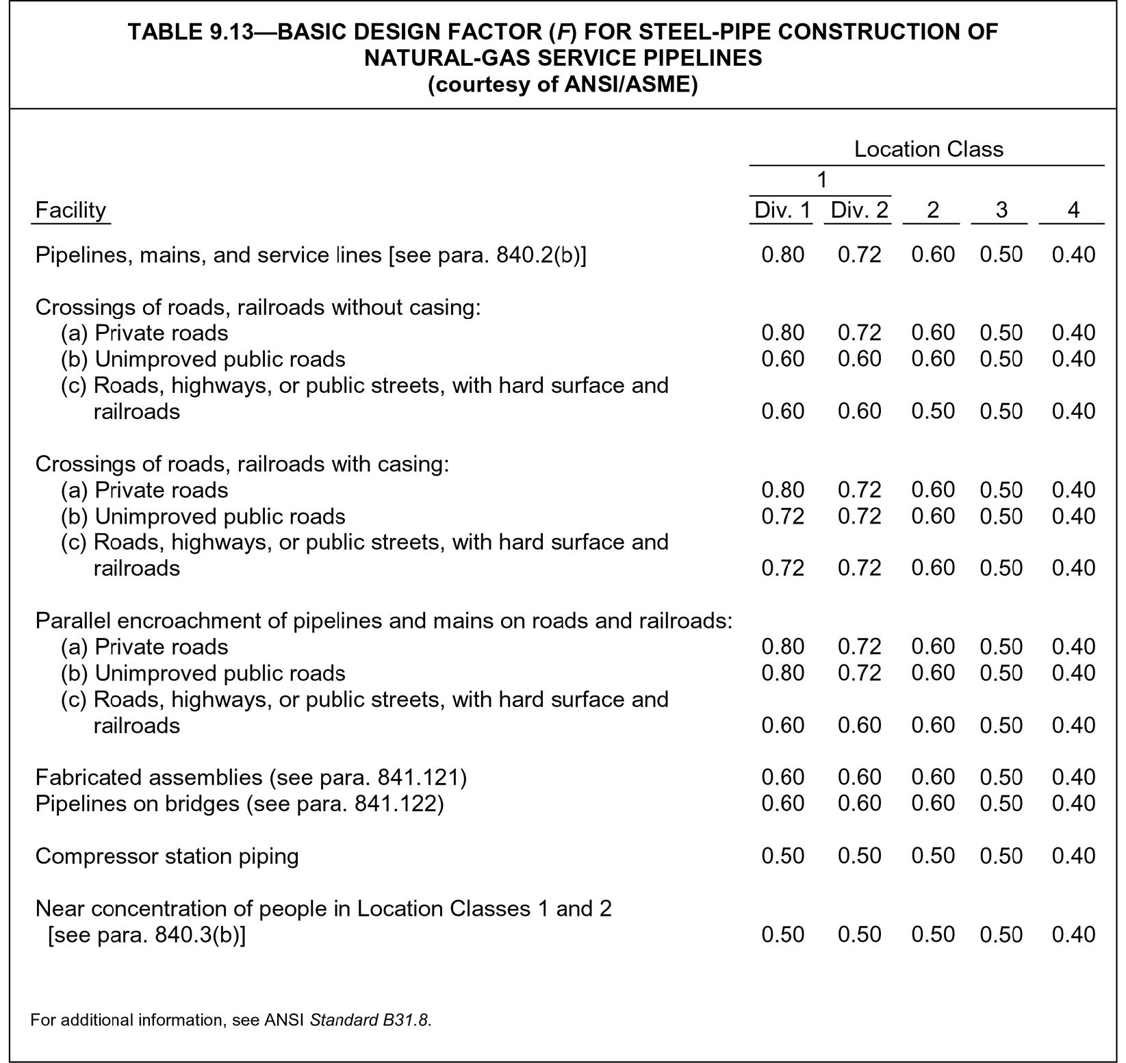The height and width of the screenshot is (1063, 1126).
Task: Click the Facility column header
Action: (71, 209)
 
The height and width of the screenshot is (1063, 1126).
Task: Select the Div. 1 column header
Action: (782, 210)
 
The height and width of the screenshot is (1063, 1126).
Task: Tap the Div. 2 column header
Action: (859, 210)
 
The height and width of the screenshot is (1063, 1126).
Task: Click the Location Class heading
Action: (928, 149)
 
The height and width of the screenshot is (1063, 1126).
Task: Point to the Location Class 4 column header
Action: (1073, 210)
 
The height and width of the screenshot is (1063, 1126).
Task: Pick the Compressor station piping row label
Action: (167, 856)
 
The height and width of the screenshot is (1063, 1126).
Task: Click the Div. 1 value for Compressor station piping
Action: (782, 856)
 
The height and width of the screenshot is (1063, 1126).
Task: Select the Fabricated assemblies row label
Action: (251, 778)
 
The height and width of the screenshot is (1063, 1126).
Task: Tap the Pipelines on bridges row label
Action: (240, 804)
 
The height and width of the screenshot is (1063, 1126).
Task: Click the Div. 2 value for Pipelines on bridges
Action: (859, 804)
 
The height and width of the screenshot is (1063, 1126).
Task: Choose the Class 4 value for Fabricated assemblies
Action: (1073, 778)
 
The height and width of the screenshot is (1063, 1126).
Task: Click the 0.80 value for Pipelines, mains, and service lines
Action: (782, 255)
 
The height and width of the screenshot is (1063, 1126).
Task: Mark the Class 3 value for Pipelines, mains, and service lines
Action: (1001, 255)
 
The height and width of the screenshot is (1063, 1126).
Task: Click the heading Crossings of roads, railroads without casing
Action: (258, 307)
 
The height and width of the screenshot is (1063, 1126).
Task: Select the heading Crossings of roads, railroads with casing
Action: (242, 464)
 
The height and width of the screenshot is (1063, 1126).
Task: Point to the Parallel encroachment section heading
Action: (383, 621)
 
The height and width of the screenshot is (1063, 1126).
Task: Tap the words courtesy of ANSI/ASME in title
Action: (563, 86)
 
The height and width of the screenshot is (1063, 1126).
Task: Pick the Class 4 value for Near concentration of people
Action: (1073, 935)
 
